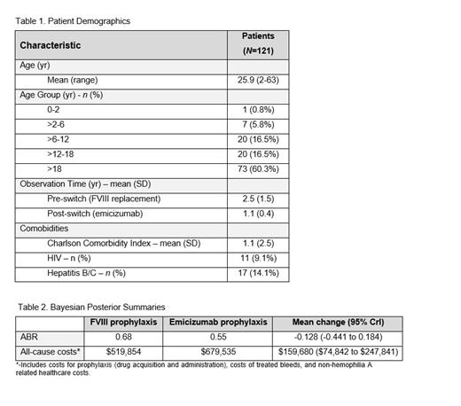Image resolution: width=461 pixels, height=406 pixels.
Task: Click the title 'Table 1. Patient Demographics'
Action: pyautogui.click(x=73, y=20)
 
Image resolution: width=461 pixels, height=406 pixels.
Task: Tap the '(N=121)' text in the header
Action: pyautogui.click(x=257, y=51)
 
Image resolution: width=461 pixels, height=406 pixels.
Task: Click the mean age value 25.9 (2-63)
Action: pyautogui.click(x=257, y=80)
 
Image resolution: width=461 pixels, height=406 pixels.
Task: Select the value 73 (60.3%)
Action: pyautogui.click(x=257, y=168)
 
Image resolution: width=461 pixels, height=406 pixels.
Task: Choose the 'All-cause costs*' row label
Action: pyautogui.click(x=50, y=351)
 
